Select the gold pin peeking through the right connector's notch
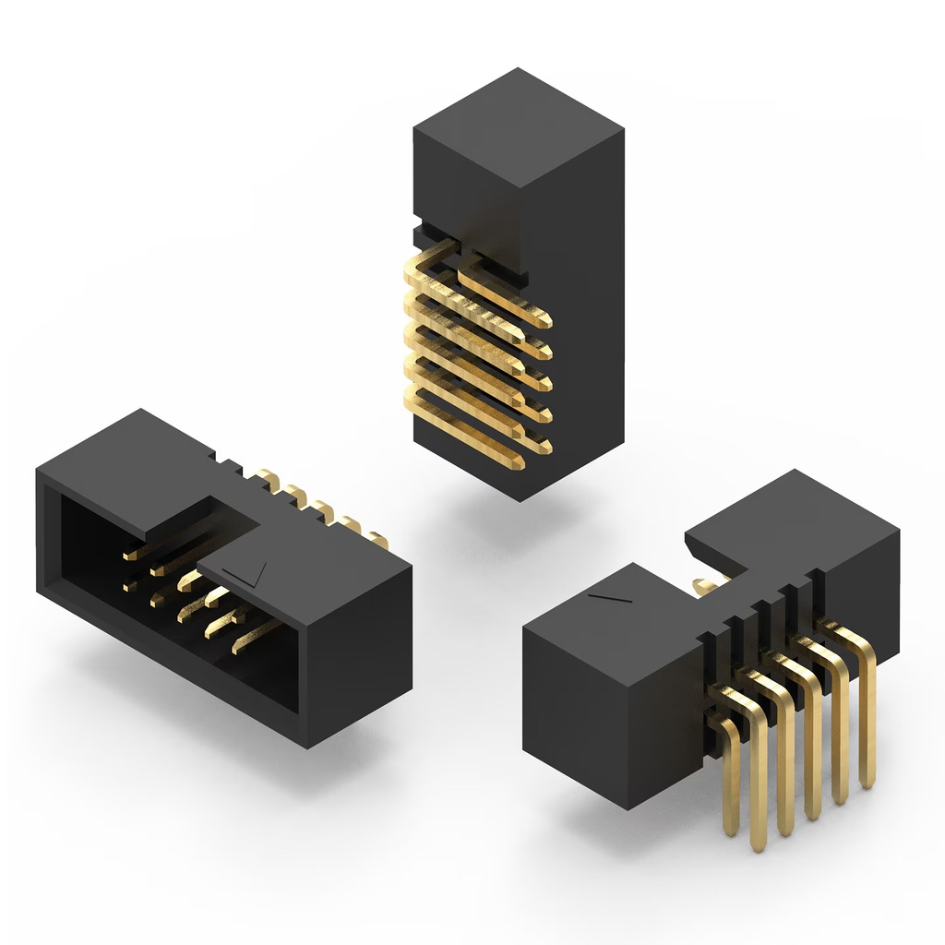click(x=704, y=583)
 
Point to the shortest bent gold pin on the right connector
click(x=730, y=775)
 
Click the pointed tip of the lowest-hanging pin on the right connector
click(x=759, y=845)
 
